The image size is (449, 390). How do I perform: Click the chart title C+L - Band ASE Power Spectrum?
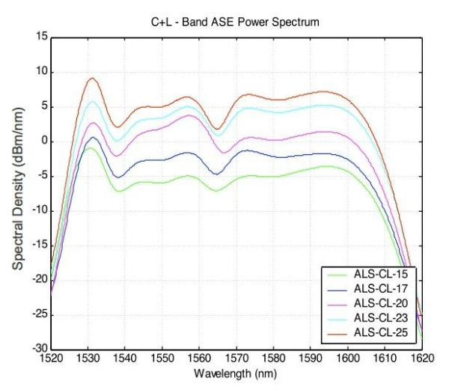pyautogui.click(x=235, y=22)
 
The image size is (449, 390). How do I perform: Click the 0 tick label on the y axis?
pyautogui.click(x=45, y=141)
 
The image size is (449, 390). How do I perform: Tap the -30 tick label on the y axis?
pyautogui.click(x=40, y=349)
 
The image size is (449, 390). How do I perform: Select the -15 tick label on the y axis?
pyautogui.click(x=40, y=246)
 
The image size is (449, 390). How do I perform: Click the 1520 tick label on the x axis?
pyautogui.click(x=52, y=359)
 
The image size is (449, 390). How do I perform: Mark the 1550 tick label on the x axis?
pyautogui.click(x=162, y=359)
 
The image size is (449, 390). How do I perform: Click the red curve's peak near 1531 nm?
pyautogui.click(x=92, y=78)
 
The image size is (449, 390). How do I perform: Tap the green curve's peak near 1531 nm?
pyautogui.click(x=91, y=148)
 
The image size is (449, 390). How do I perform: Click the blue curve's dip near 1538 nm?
pyautogui.click(x=119, y=177)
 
